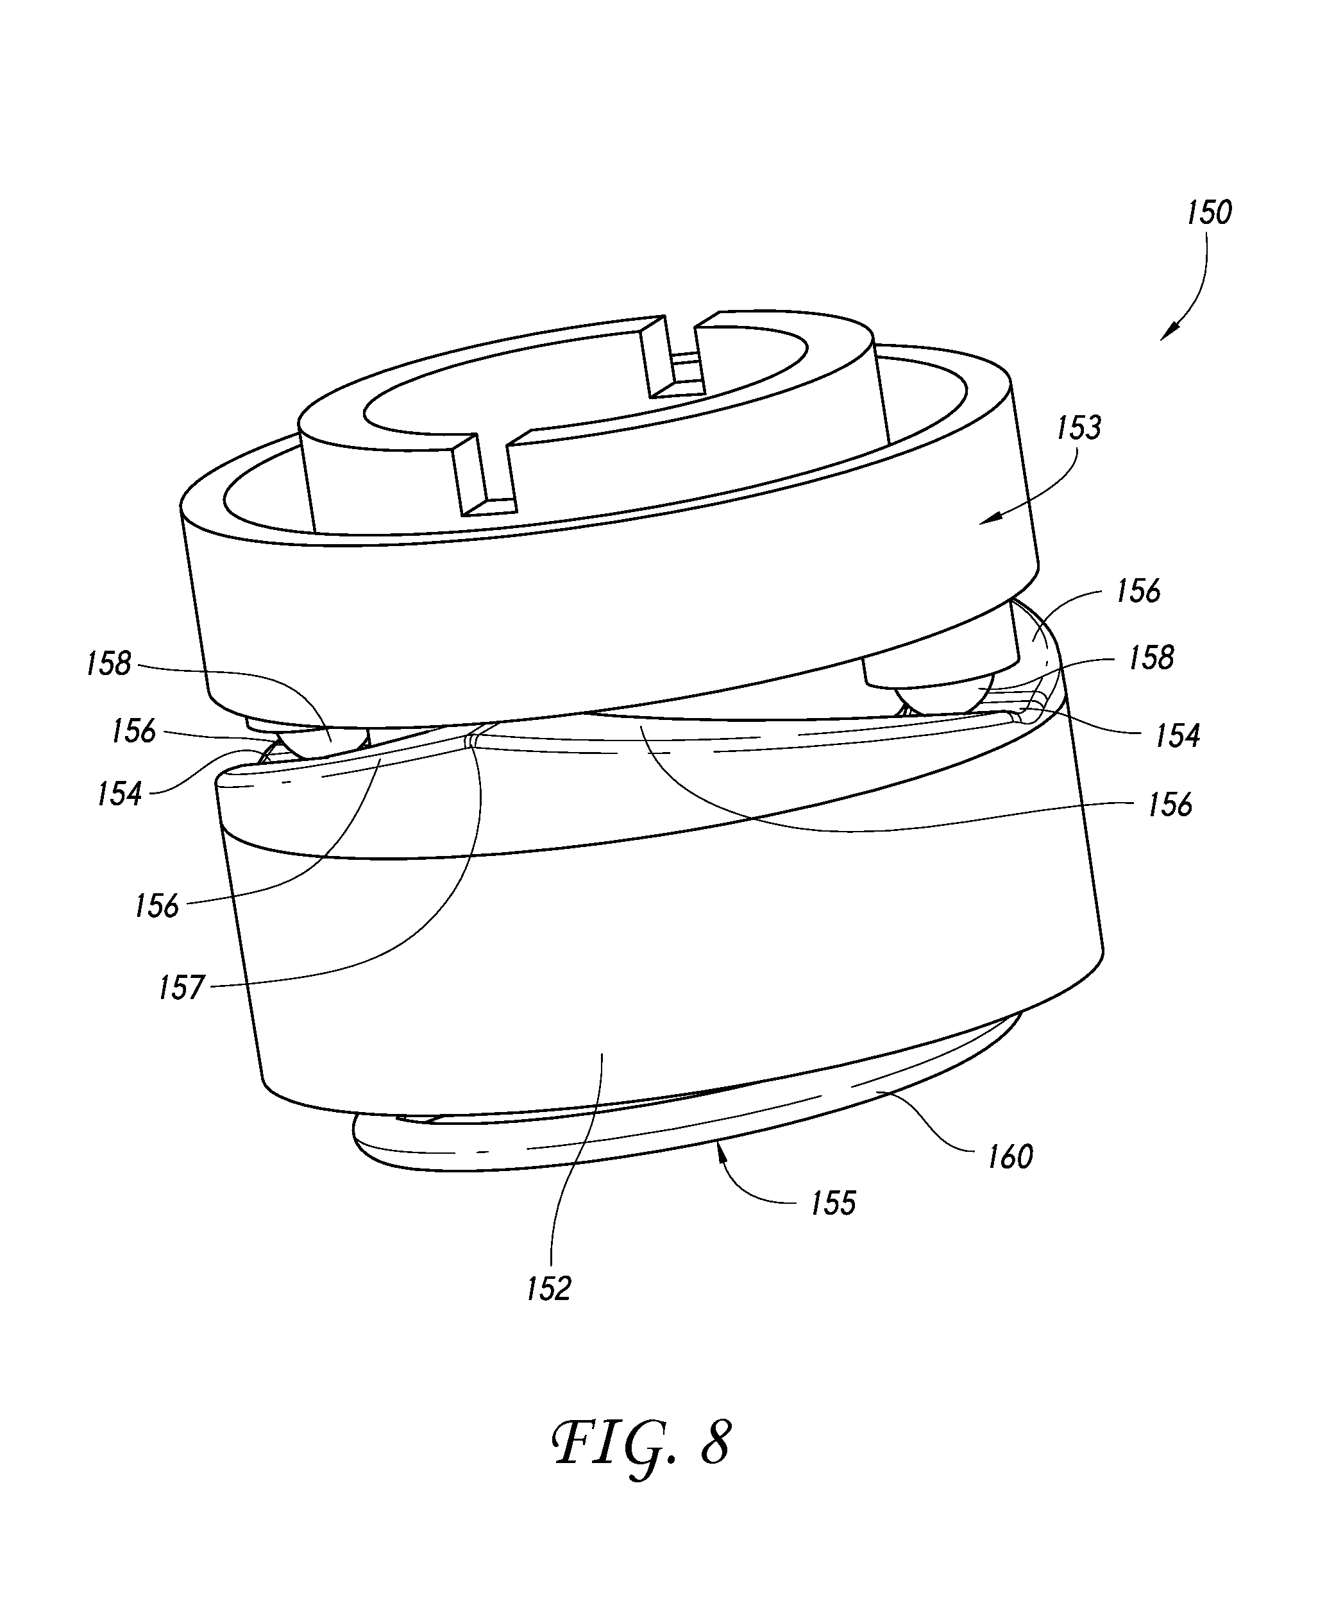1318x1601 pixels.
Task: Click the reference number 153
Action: (1078, 429)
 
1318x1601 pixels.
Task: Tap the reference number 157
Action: (182, 988)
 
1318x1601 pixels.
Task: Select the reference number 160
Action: (1010, 1157)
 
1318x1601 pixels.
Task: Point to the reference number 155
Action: (833, 1204)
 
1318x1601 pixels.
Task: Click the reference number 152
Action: (548, 1289)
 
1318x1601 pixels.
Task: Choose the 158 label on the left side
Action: (108, 664)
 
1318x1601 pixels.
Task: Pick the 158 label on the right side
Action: (1151, 658)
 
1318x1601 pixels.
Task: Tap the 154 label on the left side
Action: (119, 794)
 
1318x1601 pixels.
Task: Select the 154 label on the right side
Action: (1177, 735)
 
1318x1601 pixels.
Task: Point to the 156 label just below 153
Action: (1138, 591)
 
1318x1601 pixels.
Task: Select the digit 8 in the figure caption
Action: (715, 1444)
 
